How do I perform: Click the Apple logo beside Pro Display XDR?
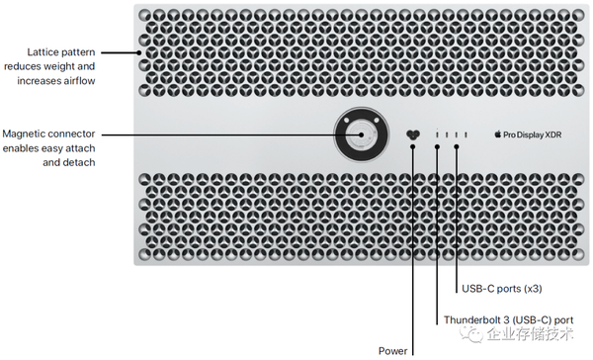tap(498, 134)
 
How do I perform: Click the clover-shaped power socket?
tap(412, 135)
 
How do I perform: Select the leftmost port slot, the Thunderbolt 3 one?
tap(437, 135)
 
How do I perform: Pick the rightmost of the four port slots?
tap(466, 135)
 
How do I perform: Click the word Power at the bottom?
tap(393, 351)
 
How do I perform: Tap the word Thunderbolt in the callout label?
tap(467, 319)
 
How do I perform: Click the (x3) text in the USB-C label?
tap(533, 289)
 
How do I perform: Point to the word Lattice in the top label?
tap(42, 51)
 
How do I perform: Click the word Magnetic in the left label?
tap(21, 134)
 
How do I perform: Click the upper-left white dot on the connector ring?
tap(347, 121)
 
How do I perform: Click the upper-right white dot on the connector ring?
tap(377, 120)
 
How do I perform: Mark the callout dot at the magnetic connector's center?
tap(361, 135)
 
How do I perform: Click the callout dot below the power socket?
tap(412, 146)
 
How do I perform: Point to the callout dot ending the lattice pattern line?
tap(139, 52)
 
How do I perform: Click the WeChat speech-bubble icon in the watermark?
tap(471, 333)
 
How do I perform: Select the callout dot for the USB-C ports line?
tap(457, 146)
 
